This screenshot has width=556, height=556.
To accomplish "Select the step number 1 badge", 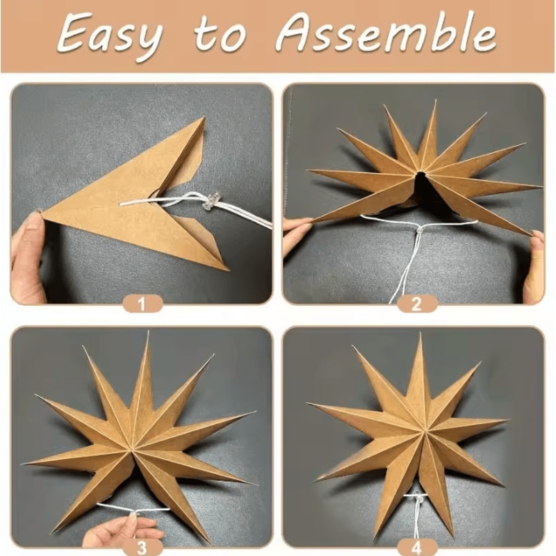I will pyautogui.click(x=142, y=303).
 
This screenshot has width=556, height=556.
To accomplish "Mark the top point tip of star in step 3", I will pyautogui.click(x=147, y=334).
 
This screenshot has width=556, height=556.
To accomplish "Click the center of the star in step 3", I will pyautogui.click(x=142, y=439).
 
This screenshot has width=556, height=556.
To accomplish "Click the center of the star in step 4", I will pyautogui.click(x=417, y=434).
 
